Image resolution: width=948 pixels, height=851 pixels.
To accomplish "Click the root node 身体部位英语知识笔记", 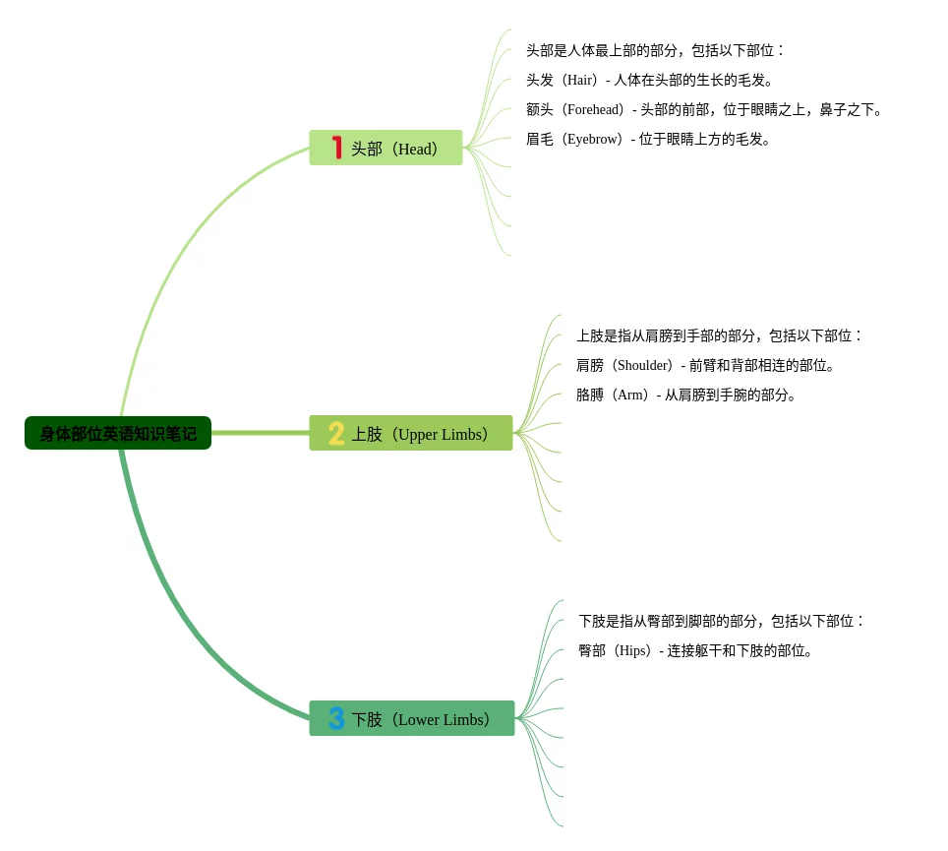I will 118,433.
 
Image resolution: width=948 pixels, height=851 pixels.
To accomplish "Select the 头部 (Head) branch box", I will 385,148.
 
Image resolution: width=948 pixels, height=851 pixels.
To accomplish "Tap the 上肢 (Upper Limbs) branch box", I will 411,433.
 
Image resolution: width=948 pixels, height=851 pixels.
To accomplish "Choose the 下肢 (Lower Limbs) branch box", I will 412,718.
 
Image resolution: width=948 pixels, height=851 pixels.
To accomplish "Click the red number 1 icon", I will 337,148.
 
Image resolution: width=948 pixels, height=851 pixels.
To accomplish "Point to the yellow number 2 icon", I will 336,433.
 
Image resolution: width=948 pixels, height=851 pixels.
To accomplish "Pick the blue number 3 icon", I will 336,718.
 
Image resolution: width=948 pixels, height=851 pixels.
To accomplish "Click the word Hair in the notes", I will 579,81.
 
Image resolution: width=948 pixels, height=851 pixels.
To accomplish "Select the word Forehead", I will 594,110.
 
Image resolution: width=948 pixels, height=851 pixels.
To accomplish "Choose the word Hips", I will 632,651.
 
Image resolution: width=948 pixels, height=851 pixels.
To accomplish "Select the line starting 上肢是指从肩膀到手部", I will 719,335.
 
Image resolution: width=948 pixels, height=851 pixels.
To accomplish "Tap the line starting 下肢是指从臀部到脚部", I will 721,621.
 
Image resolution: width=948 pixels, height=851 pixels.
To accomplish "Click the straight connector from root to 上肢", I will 261,433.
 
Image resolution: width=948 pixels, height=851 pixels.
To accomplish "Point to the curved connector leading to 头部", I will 177,246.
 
